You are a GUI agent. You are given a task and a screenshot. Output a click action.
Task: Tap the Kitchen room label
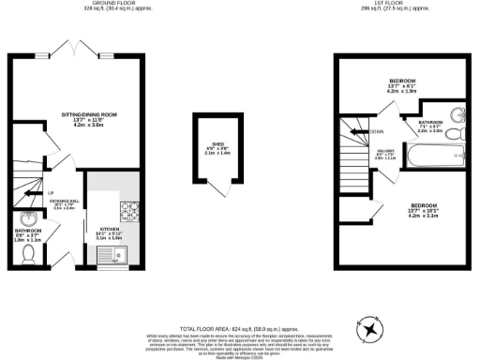click(x=111, y=231)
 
